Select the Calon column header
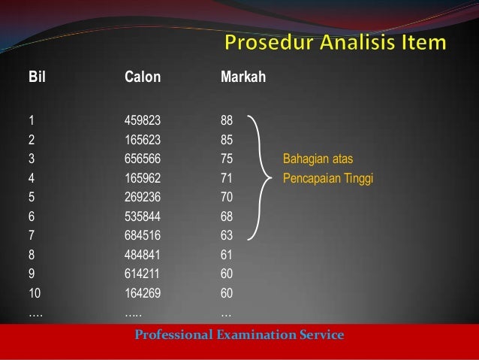(142, 77)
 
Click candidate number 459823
(143, 119)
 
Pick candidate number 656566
(143, 159)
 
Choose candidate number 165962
(143, 178)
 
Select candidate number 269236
(143, 197)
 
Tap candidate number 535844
(143, 216)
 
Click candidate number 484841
(143, 255)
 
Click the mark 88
(227, 119)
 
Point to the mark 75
(227, 159)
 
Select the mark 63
(227, 236)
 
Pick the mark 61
(227, 255)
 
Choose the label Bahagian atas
(318, 159)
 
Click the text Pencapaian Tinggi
(327, 178)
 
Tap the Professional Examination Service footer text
(239, 334)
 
